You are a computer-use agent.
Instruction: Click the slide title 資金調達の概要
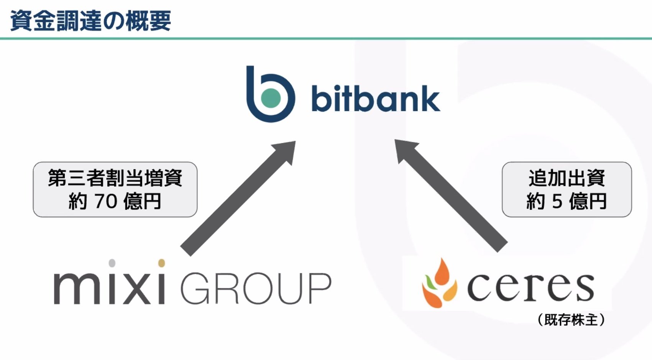pos(90,21)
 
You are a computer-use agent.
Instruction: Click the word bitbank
pos(376,99)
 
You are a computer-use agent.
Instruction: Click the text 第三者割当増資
pos(115,178)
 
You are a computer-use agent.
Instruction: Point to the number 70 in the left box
pos(106,201)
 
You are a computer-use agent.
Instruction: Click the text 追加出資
pos(567,178)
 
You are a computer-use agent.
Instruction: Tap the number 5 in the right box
pos(557,201)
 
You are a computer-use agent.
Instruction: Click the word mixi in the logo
pos(110,288)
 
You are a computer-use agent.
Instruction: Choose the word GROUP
pos(256,289)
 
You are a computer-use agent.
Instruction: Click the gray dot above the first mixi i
pos(112,263)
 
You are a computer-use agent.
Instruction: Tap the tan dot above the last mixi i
pos(161,263)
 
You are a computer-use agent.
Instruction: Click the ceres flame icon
pos(439,284)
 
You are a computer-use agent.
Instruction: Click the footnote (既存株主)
pos(571,319)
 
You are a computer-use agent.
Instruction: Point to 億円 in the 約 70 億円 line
pos(142,201)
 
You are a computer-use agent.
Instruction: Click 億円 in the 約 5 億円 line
pos(588,201)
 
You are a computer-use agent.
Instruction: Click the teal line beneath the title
pos(326,38)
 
